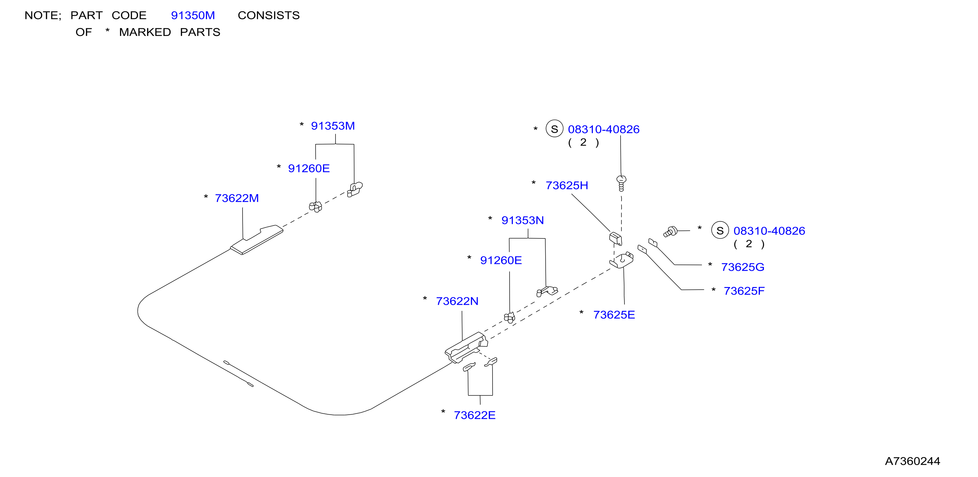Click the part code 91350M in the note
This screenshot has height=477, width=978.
tap(193, 15)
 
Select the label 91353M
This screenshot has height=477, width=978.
tap(333, 126)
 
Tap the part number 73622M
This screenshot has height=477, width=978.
tap(236, 198)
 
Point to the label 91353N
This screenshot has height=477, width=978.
tap(522, 221)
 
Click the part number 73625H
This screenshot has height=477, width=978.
tap(567, 185)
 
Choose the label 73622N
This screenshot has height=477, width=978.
tap(457, 301)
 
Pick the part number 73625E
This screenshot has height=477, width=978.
tap(614, 315)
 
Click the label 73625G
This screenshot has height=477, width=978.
tap(743, 267)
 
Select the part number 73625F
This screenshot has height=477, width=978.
tap(744, 291)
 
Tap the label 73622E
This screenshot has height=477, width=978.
tap(475, 416)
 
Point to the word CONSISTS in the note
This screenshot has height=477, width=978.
tap(269, 15)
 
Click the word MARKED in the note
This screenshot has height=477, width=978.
tap(145, 32)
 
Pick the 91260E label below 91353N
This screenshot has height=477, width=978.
tap(501, 260)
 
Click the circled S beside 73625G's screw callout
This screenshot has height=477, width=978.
tap(720, 230)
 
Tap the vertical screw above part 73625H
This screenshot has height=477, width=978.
tap(621, 183)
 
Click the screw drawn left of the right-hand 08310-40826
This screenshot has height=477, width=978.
tap(670, 231)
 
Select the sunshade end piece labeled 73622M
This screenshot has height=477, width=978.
tap(257, 240)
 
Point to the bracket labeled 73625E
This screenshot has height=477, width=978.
tap(622, 260)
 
